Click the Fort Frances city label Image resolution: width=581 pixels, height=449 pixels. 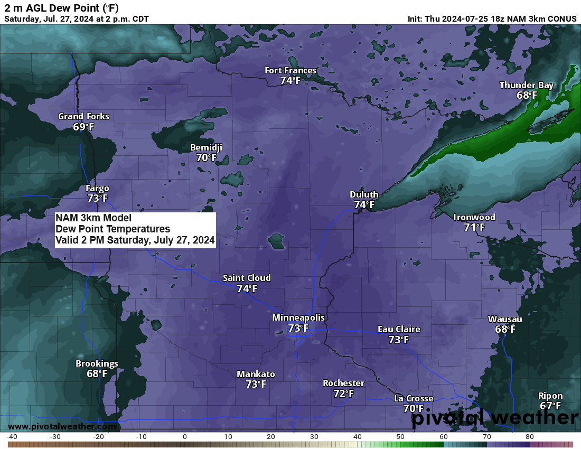(x=290, y=71)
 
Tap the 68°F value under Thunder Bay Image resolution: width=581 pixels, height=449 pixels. (x=527, y=96)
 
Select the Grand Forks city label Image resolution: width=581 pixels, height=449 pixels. (x=83, y=116)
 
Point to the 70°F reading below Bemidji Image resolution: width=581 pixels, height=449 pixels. (x=206, y=157)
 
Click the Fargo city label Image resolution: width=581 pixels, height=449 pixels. (x=97, y=189)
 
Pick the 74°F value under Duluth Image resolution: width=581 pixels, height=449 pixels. (x=364, y=204)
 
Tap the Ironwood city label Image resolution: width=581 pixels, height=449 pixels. (x=474, y=217)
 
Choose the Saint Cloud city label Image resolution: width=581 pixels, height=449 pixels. (x=247, y=278)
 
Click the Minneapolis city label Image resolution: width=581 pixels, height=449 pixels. (x=298, y=317)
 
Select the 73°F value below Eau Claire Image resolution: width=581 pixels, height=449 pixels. (x=399, y=340)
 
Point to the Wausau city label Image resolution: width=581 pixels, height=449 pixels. (x=505, y=319)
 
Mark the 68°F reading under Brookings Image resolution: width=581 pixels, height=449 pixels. (x=97, y=373)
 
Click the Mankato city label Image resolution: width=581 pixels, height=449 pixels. (x=256, y=374)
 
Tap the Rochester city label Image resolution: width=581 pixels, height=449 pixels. (x=343, y=383)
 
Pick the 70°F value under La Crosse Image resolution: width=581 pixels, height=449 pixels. (x=414, y=408)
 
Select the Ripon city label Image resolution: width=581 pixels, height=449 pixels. (x=550, y=396)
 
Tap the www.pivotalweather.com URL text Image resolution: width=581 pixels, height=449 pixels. (x=62, y=426)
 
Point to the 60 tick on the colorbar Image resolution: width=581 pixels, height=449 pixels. (x=444, y=437)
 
